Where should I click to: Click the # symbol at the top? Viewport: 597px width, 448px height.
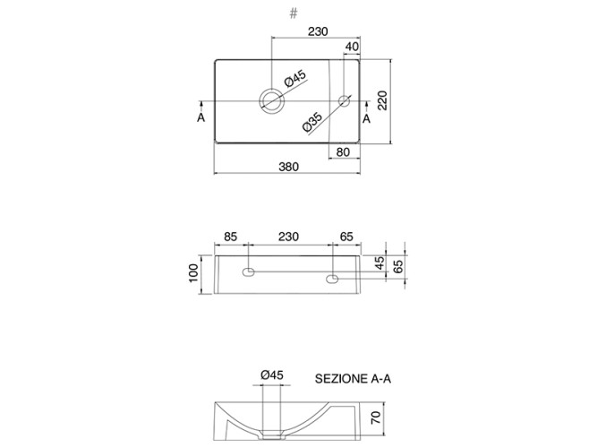point(294,13)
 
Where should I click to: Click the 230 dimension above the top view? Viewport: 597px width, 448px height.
point(318,31)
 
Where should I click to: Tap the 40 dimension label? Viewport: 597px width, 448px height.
point(352,47)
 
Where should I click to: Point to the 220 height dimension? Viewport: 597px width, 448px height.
point(382,100)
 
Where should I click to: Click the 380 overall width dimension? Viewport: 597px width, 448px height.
point(288,167)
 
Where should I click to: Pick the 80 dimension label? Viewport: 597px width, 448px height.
point(343,152)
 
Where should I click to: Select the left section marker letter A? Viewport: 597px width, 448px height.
point(201,117)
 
